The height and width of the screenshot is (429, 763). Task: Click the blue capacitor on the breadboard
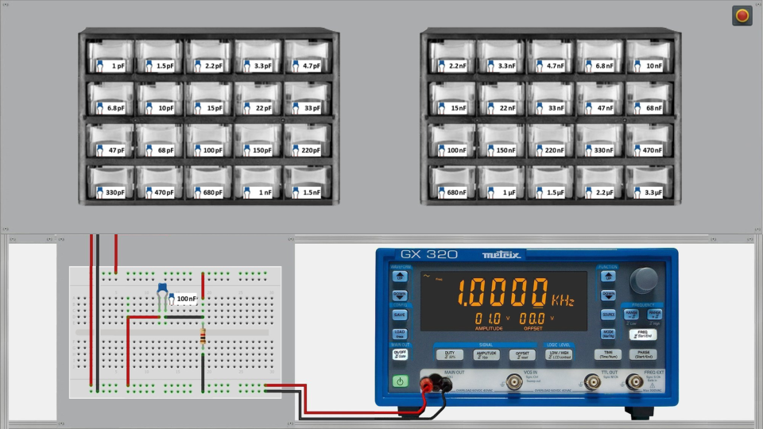[162, 291]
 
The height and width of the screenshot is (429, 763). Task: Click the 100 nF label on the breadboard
[185, 300]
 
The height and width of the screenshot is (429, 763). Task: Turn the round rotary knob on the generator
[644, 280]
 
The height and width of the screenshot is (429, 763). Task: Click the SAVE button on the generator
[400, 315]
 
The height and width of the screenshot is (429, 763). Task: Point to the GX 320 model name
[428, 255]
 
